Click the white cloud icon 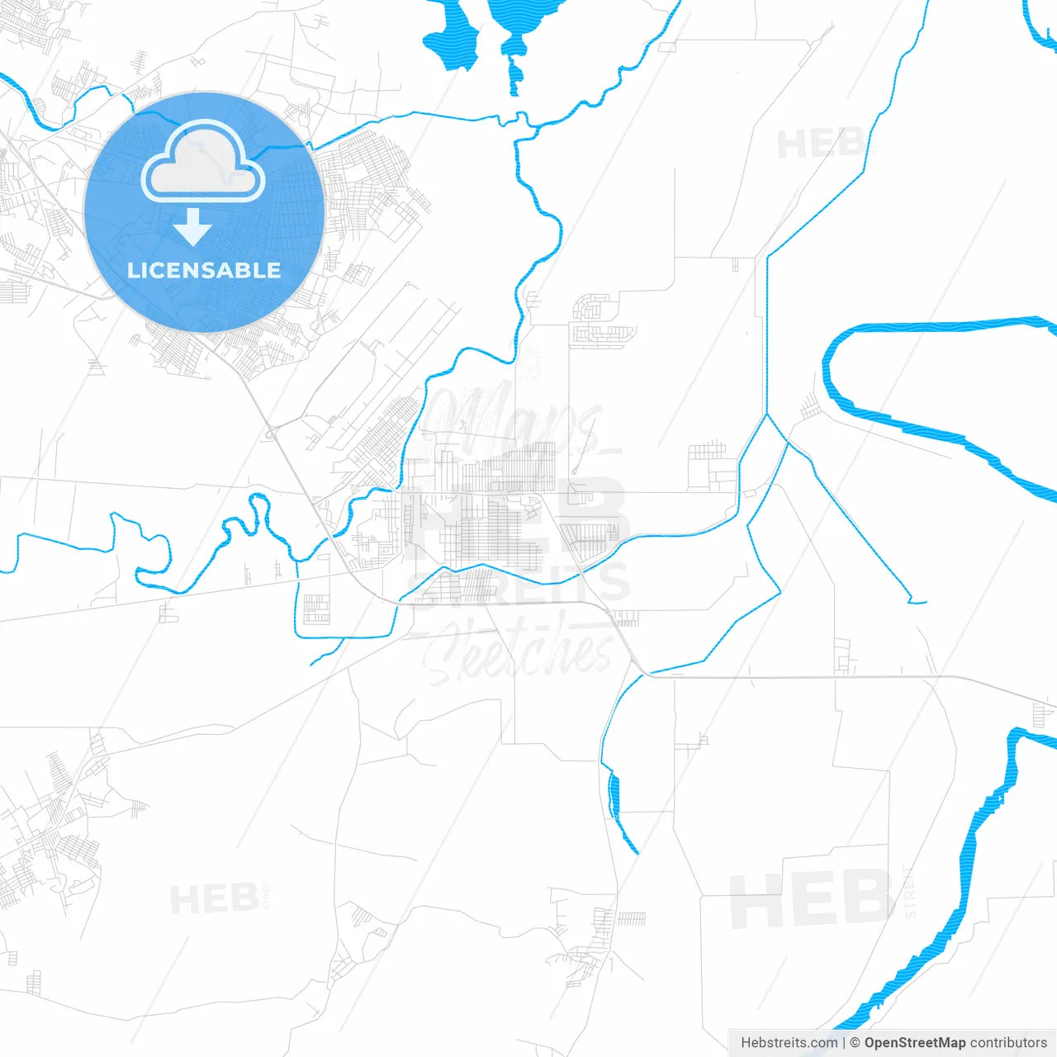203,161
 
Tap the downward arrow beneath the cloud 193,227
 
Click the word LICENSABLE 204,270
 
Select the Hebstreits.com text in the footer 789,1043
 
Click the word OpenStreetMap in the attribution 915,1043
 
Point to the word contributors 1008,1043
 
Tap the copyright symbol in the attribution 855,1043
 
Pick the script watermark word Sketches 520,652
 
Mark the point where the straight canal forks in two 768,415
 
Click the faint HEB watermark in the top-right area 818,145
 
